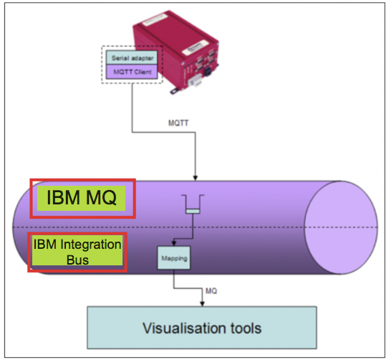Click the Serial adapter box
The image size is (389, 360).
tap(132, 57)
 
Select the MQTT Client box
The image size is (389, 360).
tap(132, 72)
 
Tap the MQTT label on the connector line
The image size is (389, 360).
tap(178, 123)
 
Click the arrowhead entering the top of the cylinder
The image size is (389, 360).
tap(196, 178)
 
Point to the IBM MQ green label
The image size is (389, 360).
tap(82, 198)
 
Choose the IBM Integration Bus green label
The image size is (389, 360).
tap(77, 250)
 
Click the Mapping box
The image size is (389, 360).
tap(174, 258)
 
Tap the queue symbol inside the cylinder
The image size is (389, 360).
tap(193, 204)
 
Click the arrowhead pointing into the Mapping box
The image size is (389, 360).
tap(174, 243)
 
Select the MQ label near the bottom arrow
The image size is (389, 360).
tap(211, 290)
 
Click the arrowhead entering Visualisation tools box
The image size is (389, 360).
tap(202, 303)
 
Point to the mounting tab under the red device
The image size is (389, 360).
tap(176, 91)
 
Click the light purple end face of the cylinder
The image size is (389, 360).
tap(341, 227)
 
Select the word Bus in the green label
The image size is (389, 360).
tap(77, 260)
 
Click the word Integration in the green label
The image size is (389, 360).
tap(91, 245)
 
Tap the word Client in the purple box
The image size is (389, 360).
tap(142, 72)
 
